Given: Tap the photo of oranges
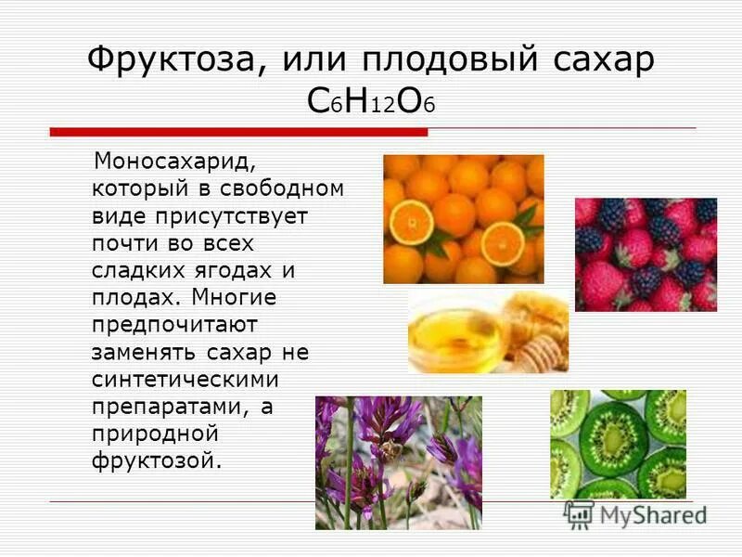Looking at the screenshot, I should pyautogui.click(x=464, y=219).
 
